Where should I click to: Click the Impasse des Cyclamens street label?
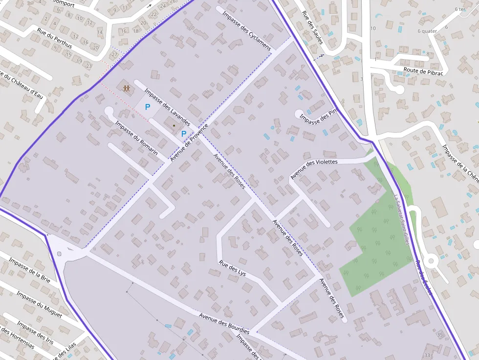[x=246, y=27]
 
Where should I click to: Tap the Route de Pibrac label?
[x=423, y=71]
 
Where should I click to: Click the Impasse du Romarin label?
[x=136, y=138]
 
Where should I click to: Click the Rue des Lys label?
[x=233, y=268]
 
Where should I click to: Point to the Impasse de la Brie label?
[x=29, y=271]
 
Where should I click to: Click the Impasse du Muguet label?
[x=39, y=304]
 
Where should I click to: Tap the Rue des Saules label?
[x=312, y=27]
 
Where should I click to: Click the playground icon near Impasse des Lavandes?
[x=127, y=88]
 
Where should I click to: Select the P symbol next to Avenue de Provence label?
[x=184, y=134]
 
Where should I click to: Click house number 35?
[x=440, y=335]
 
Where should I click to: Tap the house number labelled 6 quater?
[x=427, y=31]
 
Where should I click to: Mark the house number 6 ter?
[x=459, y=9]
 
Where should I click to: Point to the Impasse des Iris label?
[x=35, y=332]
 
